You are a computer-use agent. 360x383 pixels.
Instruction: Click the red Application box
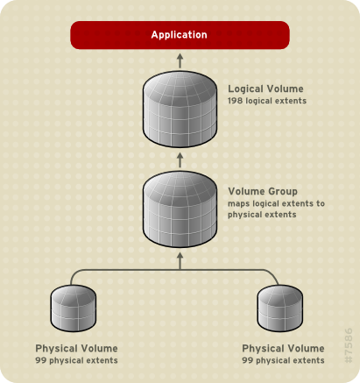tap(180, 35)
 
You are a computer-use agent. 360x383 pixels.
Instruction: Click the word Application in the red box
tap(180, 35)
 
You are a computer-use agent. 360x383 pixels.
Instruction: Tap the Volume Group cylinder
tap(180, 210)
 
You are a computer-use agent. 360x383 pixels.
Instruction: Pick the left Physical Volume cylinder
tap(71, 307)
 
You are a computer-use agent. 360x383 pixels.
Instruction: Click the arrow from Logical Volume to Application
tap(180, 60)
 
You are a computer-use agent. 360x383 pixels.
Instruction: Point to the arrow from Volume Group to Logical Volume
tap(180, 159)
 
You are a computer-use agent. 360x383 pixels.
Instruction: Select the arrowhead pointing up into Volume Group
tap(180, 258)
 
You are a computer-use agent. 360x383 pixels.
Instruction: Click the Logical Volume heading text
tap(265, 89)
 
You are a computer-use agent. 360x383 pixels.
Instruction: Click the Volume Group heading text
tap(263, 191)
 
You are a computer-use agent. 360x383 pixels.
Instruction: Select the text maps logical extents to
tap(276, 203)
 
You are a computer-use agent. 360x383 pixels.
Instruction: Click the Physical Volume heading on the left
tap(76, 348)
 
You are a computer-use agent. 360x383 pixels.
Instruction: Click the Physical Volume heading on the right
tap(283, 348)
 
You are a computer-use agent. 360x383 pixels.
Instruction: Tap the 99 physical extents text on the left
tap(76, 360)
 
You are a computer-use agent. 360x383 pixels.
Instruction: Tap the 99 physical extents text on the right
tap(283, 360)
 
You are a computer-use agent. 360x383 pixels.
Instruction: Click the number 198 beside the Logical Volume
tap(236, 102)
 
